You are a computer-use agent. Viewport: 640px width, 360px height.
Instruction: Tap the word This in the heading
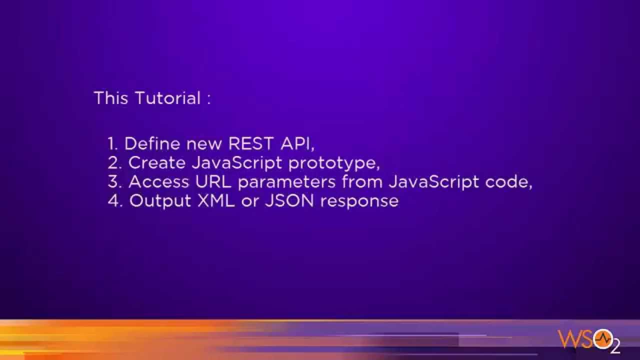coord(111,98)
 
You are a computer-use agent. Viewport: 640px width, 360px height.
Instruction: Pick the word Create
coord(156,163)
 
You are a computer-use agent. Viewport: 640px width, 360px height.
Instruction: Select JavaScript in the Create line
coord(237,163)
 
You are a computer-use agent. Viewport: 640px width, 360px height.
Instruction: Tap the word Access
coord(158,182)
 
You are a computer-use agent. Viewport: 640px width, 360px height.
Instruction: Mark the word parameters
coord(286,182)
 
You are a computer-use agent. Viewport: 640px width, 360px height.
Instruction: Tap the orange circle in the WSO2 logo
coord(602,338)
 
